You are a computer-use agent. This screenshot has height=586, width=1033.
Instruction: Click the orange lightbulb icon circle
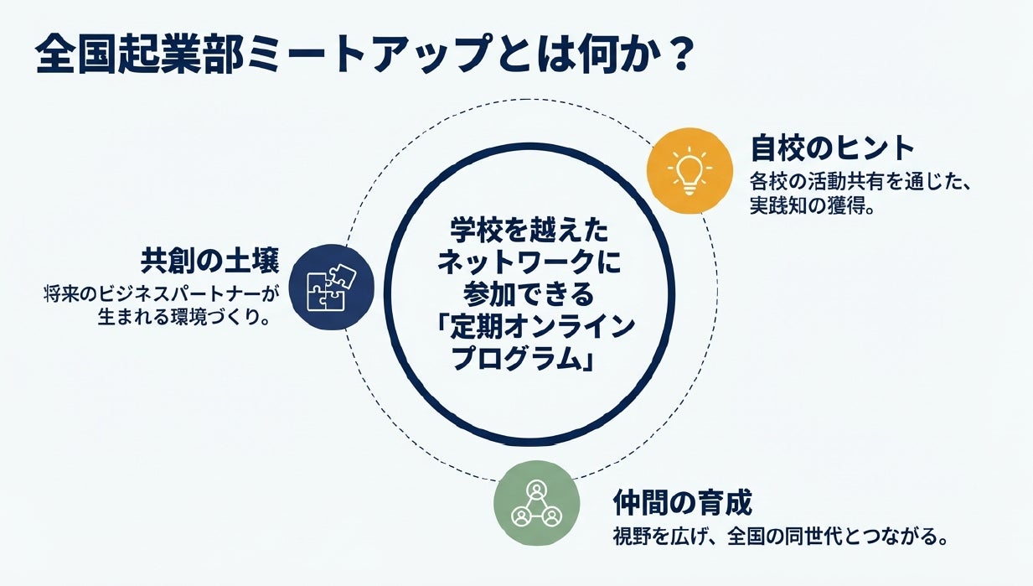click(x=690, y=171)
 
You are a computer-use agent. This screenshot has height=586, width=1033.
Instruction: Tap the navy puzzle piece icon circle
click(x=332, y=287)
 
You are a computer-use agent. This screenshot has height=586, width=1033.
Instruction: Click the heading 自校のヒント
click(x=832, y=148)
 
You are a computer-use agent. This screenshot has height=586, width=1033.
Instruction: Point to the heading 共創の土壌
click(x=210, y=262)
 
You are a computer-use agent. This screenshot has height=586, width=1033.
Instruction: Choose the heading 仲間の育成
click(x=683, y=503)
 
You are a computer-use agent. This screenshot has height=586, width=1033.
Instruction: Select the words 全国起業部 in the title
click(x=139, y=54)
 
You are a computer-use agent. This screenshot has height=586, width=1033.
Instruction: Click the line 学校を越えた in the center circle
click(x=529, y=231)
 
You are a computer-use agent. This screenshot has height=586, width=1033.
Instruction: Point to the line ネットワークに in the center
click(x=529, y=262)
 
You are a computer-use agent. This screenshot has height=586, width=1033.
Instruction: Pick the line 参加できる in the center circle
click(x=529, y=294)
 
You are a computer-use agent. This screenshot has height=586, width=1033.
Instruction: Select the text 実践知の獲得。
click(x=813, y=205)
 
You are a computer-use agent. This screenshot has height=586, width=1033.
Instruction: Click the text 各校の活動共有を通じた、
click(x=860, y=182)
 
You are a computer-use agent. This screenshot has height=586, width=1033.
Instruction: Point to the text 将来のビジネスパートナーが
click(x=162, y=294)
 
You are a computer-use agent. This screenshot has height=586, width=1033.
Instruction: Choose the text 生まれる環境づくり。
click(x=184, y=318)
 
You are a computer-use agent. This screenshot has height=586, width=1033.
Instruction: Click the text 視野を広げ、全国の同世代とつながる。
click(x=780, y=537)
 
